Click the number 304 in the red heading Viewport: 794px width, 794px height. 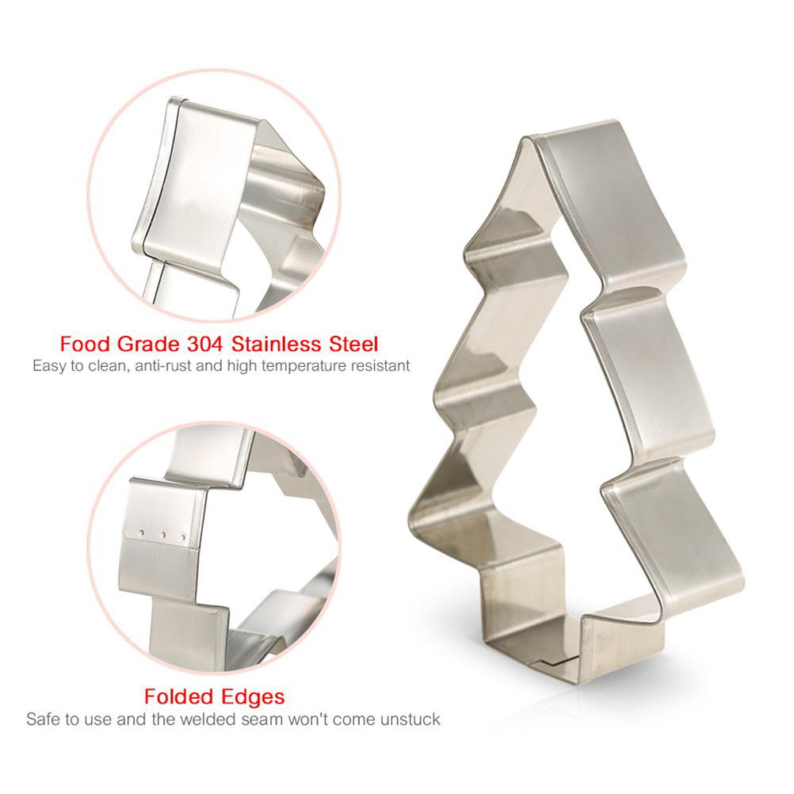pyautogui.click(x=204, y=345)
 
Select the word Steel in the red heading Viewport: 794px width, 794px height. pyautogui.click(x=353, y=345)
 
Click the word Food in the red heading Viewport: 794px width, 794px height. pyautogui.click(x=85, y=345)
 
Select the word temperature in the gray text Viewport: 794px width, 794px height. pyautogui.click(x=303, y=366)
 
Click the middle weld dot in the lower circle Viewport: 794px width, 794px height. pyautogui.click(x=163, y=534)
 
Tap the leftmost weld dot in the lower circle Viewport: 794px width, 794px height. pyautogui.click(x=141, y=533)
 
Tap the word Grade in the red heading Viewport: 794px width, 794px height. pyautogui.click(x=148, y=345)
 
